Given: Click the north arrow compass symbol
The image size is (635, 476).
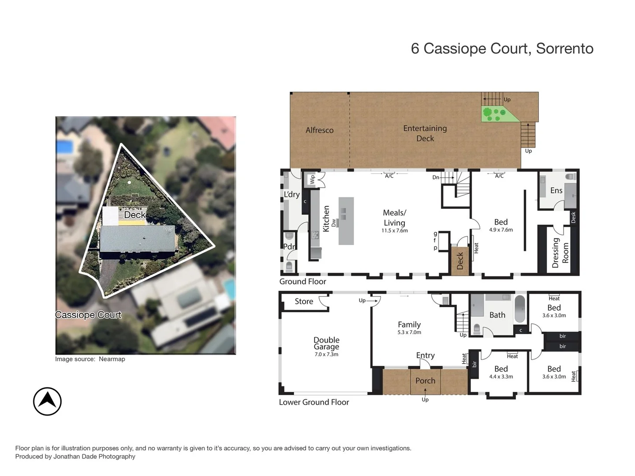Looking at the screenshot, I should (x=47, y=401).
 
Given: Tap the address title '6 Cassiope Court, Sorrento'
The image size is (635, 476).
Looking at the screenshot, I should (x=502, y=48).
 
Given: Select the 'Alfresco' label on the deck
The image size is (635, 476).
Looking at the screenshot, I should (x=319, y=130).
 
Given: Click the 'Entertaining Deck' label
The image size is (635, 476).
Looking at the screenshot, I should (x=425, y=133).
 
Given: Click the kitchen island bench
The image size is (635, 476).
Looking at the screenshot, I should (x=346, y=221).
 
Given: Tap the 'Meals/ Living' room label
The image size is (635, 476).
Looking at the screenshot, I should (x=394, y=218).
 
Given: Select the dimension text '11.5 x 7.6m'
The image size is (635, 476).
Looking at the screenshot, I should (x=394, y=231).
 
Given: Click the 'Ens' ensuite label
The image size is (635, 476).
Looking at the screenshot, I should (x=556, y=190).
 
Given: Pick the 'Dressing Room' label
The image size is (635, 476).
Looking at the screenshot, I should (x=560, y=253).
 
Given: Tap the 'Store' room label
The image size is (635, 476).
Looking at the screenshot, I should (x=304, y=301).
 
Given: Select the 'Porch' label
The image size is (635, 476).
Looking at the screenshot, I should (x=425, y=381).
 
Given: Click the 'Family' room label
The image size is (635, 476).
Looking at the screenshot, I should (x=409, y=324).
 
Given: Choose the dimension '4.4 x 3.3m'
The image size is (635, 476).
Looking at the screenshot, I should (x=501, y=377).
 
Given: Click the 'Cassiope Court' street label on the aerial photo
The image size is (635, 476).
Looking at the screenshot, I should (x=88, y=315).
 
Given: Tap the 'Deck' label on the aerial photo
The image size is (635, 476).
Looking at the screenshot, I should (x=134, y=215).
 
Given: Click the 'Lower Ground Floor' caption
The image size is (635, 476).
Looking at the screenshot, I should (x=314, y=402).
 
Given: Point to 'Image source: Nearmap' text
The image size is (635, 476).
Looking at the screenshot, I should (x=90, y=359).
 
